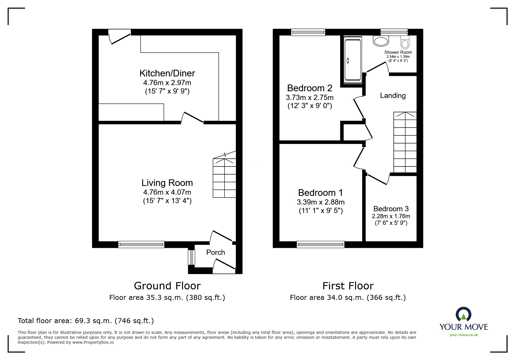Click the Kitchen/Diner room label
point(167,73)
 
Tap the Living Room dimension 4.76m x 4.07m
point(167,192)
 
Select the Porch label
point(215,252)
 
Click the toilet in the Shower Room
point(405,42)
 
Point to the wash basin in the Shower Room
point(381,41)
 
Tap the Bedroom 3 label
point(391,209)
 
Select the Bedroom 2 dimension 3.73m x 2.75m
point(310,97)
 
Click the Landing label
point(393,96)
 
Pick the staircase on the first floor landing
point(405,142)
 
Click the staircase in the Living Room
point(224,178)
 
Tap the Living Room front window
point(141,244)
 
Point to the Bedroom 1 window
point(320,244)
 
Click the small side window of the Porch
point(191,257)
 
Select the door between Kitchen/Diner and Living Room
point(192,117)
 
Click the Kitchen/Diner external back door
point(120,37)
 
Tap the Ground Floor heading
point(167,286)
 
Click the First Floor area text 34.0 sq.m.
point(348,298)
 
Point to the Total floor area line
point(86,321)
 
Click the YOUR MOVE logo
point(464,323)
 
